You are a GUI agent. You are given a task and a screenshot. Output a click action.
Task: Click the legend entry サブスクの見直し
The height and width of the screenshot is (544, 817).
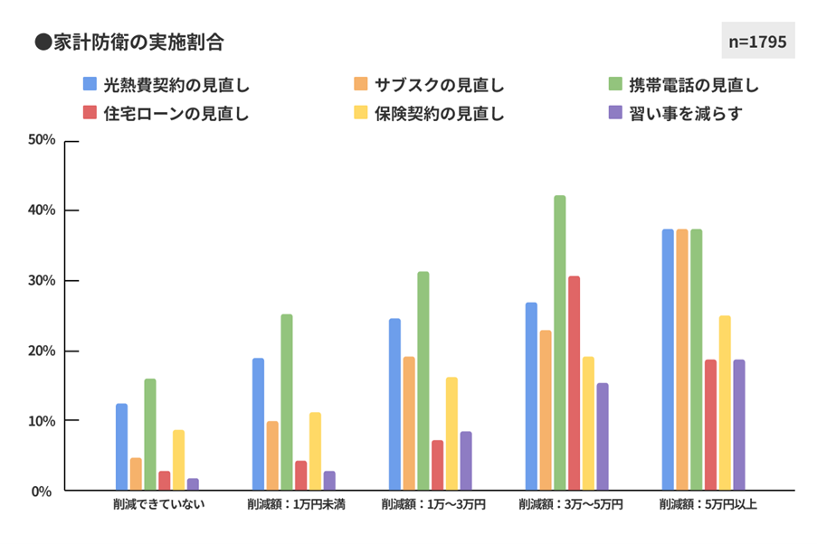click(429, 86)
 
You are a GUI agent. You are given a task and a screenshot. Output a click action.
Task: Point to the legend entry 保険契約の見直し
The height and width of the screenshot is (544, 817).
click(429, 114)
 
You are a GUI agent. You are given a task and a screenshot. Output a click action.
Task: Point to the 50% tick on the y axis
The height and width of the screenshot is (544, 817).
click(43, 140)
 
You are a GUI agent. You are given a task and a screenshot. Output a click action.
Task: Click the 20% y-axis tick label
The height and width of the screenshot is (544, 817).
click(43, 351)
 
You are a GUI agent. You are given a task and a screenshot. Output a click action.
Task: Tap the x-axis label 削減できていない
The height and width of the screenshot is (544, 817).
click(153, 504)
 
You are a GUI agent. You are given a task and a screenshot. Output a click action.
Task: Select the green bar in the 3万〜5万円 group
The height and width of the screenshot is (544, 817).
click(560, 343)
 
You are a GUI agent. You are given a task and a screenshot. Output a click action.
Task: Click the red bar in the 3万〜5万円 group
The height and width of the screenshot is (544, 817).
click(574, 383)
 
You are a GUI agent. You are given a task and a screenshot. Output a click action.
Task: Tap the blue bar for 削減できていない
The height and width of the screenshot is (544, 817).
click(121, 447)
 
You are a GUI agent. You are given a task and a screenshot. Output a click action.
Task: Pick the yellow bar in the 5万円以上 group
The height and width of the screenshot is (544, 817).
click(725, 403)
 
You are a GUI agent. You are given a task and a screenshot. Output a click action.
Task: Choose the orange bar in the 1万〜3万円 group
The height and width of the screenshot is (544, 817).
click(409, 424)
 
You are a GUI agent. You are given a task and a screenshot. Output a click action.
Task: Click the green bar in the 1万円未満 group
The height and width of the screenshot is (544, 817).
click(287, 402)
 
